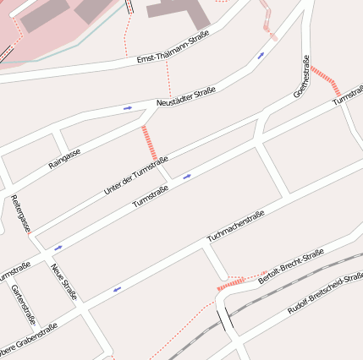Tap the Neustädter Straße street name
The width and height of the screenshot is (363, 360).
[186, 95]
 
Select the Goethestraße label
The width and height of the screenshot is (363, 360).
[300, 76]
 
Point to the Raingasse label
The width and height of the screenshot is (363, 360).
[64, 157]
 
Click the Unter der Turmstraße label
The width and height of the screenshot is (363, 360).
[135, 176]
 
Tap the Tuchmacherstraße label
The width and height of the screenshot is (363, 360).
[236, 226]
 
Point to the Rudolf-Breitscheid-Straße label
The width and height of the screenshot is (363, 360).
[325, 294]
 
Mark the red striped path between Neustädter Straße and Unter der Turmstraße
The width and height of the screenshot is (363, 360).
[150, 142]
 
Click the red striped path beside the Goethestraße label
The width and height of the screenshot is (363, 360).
[325, 79]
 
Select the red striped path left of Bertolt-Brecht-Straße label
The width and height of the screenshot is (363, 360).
[230, 284]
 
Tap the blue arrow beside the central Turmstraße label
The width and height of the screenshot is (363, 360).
[186, 176]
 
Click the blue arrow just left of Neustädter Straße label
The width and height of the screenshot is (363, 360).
[127, 108]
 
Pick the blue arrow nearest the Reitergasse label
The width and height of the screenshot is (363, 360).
[58, 248]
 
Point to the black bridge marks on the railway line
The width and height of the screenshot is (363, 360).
[224, 320]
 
